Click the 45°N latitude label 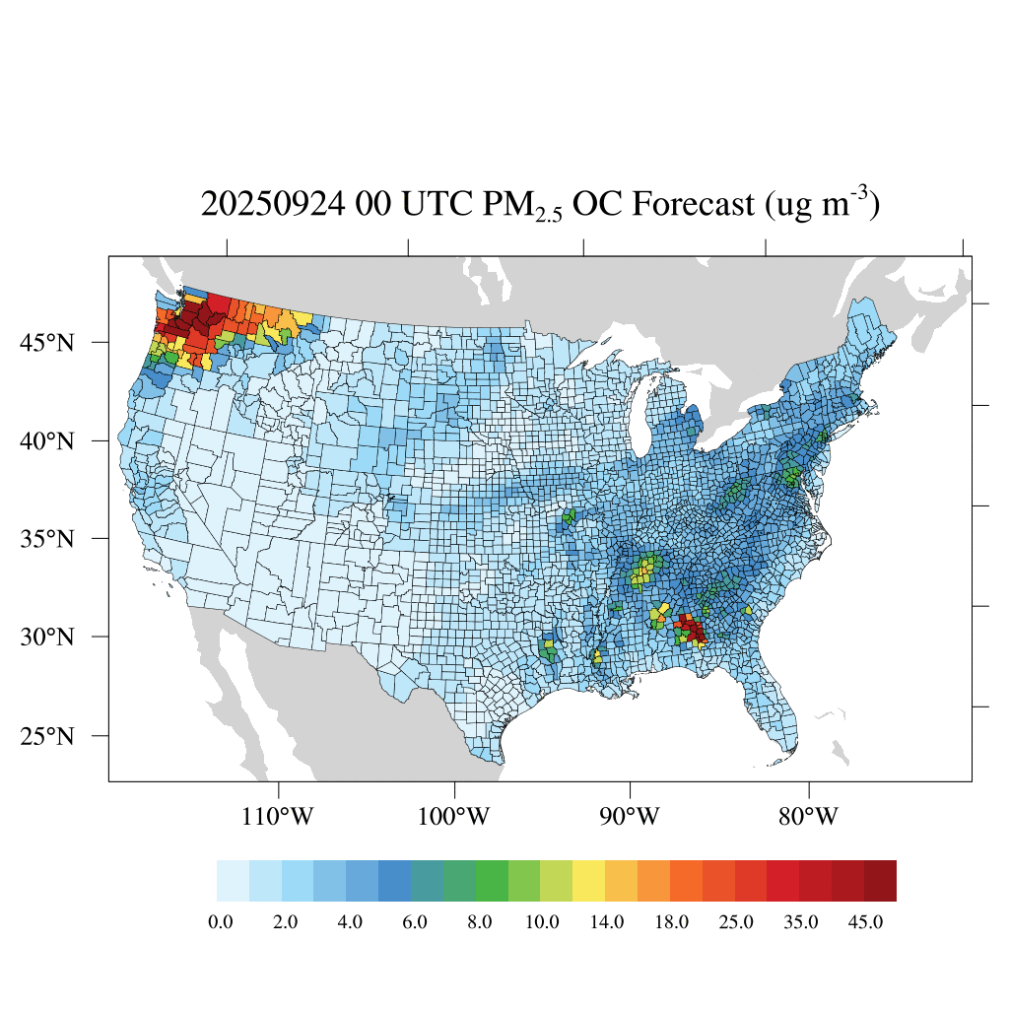pos(50,343)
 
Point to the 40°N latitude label pos(50,440)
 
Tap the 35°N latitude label pos(50,539)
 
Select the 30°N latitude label pos(50,638)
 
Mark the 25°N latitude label pos(50,736)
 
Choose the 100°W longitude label pos(454,817)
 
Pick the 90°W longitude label pos(631,817)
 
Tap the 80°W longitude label pos(808,817)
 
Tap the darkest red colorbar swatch pos(880,881)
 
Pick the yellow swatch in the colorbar pos(589,881)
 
